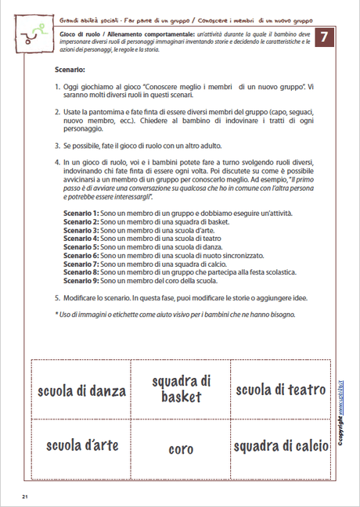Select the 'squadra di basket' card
(x=182, y=389)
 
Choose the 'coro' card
(x=182, y=448)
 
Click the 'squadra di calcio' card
(x=280, y=446)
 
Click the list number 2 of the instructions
(x=57, y=113)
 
